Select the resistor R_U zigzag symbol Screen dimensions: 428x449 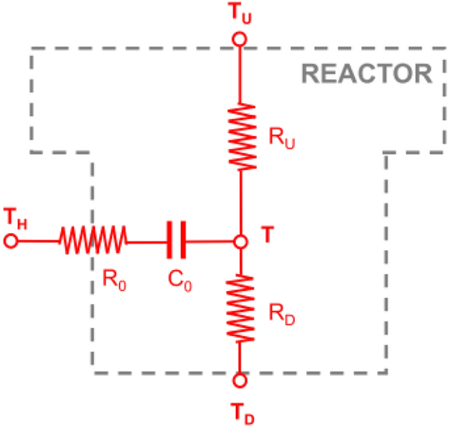pos(240,137)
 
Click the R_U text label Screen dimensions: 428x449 pos(280,139)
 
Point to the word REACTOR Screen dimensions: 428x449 pos(367,74)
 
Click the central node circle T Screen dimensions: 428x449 pos(241,242)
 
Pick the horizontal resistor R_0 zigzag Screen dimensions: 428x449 pos(92,242)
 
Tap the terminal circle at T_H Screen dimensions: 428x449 pos(10,242)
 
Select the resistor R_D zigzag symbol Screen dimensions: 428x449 pos(240,308)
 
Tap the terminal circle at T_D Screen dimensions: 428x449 pos(240,380)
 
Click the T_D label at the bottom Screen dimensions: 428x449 pos(241,414)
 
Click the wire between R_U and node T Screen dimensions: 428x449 pos(240,203)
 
